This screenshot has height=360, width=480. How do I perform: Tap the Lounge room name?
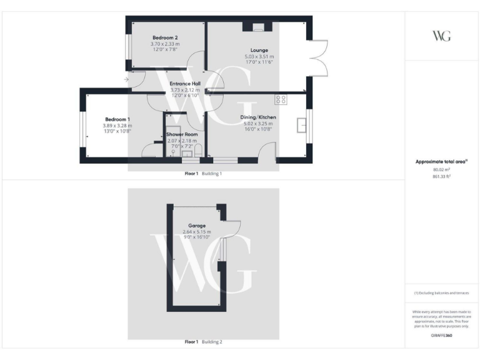[259, 50]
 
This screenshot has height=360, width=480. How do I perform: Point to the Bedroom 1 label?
[117, 119]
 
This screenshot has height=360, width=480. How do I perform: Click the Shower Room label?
[182, 134]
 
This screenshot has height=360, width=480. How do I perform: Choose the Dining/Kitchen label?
[258, 117]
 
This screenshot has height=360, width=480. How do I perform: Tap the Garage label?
[197, 225]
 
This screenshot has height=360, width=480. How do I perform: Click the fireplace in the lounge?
[257, 27]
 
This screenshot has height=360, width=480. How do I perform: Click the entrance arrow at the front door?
[127, 79]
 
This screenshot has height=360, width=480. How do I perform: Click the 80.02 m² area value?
[441, 169]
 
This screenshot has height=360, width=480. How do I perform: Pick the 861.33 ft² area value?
[441, 176]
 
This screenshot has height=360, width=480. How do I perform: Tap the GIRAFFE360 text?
[441, 336]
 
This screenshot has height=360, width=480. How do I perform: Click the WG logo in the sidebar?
[442, 36]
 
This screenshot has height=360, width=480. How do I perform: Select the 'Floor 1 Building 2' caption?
[203, 342]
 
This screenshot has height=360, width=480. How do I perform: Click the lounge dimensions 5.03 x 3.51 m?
[259, 57]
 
